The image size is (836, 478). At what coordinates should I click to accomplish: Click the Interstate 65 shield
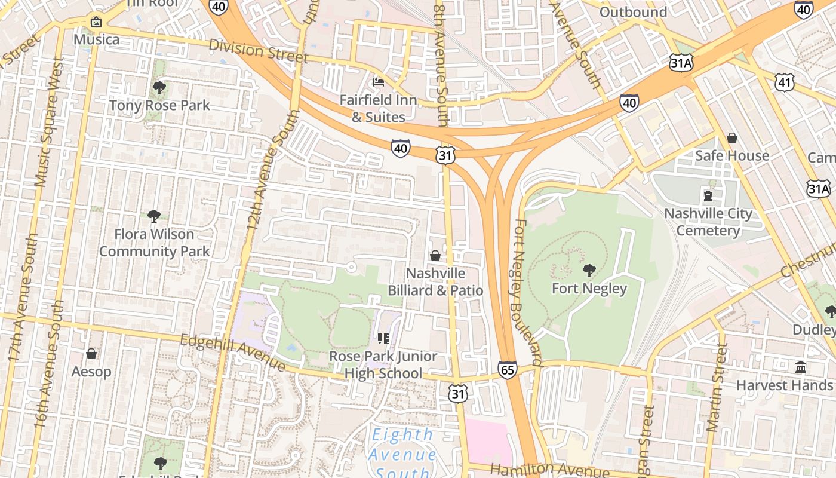point(507,370)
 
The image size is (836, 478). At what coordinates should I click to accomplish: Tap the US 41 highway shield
point(784,82)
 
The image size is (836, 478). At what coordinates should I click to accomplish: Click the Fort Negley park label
point(589,289)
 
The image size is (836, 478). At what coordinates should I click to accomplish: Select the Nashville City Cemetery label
point(708,222)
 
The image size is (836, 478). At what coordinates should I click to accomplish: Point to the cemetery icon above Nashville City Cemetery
point(708,196)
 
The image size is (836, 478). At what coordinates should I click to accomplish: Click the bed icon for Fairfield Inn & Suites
point(378,82)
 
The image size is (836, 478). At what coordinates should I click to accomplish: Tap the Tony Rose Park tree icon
point(159,88)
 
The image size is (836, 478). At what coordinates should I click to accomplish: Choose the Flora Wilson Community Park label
point(154,243)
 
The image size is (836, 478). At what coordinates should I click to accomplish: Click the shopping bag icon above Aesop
point(91,354)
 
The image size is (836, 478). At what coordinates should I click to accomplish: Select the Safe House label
point(732,155)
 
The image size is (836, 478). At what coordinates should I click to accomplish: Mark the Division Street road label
point(259,51)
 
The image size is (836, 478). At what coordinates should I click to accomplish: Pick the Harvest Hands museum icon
point(800,367)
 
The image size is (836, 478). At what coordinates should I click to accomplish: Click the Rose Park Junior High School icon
point(383,339)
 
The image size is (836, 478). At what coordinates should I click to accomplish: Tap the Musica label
point(96,39)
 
